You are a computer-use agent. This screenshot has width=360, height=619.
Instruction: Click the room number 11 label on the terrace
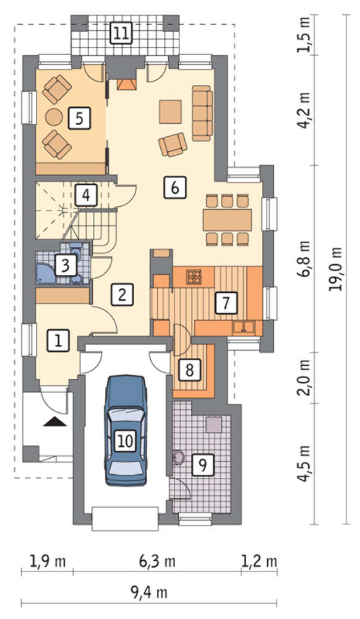click(x=120, y=33)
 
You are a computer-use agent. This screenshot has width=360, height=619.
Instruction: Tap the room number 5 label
click(x=79, y=118)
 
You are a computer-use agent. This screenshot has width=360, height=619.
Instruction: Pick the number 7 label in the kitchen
click(x=226, y=303)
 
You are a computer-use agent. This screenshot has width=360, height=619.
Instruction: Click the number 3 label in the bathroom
click(x=66, y=265)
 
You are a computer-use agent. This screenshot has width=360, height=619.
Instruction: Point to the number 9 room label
click(x=202, y=465)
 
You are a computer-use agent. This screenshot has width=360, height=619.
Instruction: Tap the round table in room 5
click(x=54, y=117)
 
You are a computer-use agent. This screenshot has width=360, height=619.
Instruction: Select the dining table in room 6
click(x=227, y=220)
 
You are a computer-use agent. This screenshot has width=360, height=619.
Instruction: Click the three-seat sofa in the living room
click(x=202, y=113)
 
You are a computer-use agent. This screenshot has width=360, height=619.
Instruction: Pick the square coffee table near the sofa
click(x=170, y=111)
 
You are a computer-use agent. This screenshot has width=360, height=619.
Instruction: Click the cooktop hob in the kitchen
click(x=194, y=277)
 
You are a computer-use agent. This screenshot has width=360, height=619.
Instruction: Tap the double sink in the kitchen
click(x=244, y=327)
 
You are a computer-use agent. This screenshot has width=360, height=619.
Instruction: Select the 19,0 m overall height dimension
click(x=336, y=270)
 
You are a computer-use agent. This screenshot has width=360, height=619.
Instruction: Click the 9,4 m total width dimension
click(x=149, y=592)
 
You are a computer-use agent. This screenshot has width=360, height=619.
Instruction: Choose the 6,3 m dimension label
click(x=157, y=561)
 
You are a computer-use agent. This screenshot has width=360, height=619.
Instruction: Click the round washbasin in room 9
click(x=179, y=457)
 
